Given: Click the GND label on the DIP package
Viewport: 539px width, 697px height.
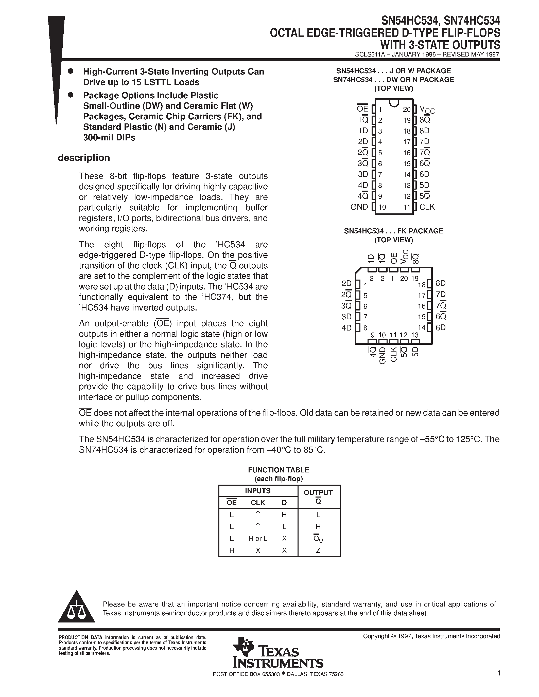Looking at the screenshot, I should click(x=359, y=207).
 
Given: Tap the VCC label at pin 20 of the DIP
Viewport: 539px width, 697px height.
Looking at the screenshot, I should click(x=427, y=110).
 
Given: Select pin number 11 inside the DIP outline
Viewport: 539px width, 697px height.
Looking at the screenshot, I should click(x=407, y=207).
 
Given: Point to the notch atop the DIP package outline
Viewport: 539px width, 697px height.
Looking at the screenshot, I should click(x=394, y=103).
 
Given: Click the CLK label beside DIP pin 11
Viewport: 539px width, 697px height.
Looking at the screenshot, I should click(x=427, y=207).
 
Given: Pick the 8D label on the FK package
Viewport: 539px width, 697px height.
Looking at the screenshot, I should click(x=441, y=283).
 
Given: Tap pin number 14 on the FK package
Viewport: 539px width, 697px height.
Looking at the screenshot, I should click(x=422, y=327).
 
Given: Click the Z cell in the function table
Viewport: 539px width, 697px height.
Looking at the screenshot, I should click(x=318, y=551).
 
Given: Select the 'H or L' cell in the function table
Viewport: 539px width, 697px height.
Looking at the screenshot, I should click(x=258, y=539).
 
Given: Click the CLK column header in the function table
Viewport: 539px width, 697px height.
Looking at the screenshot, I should click(x=258, y=503).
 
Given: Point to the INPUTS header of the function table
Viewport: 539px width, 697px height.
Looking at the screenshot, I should click(x=258, y=491).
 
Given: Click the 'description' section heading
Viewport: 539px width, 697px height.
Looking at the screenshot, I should click(x=84, y=158).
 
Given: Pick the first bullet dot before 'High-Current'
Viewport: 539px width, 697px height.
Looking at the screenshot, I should click(x=71, y=71).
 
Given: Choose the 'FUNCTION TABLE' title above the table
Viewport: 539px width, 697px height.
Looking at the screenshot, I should click(x=279, y=470).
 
